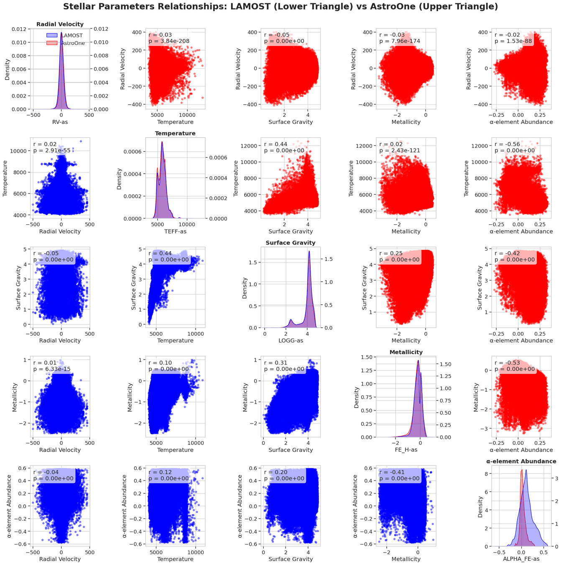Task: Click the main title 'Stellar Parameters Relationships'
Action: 280,7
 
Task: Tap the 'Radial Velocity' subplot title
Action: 60,24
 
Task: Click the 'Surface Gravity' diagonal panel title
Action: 291,243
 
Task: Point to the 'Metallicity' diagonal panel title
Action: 406,352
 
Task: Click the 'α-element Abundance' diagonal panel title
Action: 521,461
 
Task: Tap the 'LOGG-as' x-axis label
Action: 291,341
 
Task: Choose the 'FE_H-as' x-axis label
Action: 406,450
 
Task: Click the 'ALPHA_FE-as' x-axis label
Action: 521,559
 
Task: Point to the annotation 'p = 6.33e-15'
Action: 53,369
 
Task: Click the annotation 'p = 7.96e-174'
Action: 400,41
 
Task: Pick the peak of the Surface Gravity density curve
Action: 309,252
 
